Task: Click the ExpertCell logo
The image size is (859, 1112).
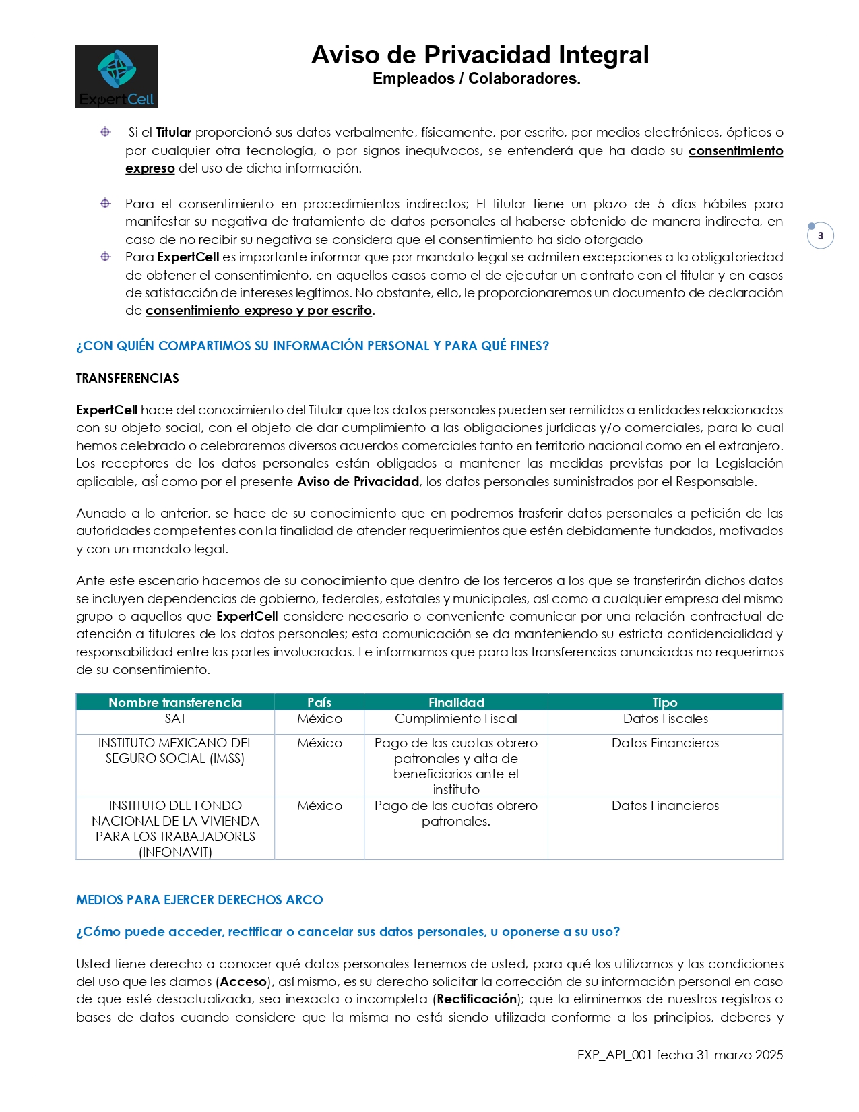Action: pyautogui.click(x=117, y=76)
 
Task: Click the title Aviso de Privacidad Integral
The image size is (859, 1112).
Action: pyautogui.click(x=480, y=55)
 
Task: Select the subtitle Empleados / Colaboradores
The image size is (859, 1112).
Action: pyautogui.click(x=476, y=78)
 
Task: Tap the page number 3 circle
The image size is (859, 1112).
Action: pyautogui.click(x=820, y=236)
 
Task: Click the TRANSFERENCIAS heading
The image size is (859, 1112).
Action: pyautogui.click(x=127, y=378)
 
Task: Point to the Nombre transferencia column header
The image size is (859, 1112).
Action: pyautogui.click(x=175, y=702)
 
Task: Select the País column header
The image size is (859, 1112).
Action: pyautogui.click(x=319, y=702)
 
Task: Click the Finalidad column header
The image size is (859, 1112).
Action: pyautogui.click(x=456, y=702)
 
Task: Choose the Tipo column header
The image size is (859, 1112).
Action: pyautogui.click(x=665, y=702)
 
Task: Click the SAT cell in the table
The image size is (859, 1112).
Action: pyautogui.click(x=175, y=719)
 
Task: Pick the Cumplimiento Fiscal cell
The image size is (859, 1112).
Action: pyautogui.click(x=456, y=719)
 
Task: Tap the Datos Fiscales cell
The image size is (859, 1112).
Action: pyautogui.click(x=665, y=719)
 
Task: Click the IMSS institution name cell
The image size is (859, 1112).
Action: pyautogui.click(x=175, y=751)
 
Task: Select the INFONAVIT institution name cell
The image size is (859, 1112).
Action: pyautogui.click(x=175, y=828)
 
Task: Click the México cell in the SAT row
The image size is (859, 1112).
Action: pyautogui.click(x=319, y=719)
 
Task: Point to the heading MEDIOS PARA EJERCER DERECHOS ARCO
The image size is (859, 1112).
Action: pyautogui.click(x=199, y=900)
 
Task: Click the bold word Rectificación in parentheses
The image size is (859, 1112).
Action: pyautogui.click(x=477, y=999)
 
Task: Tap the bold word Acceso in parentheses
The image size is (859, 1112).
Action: pyautogui.click(x=244, y=981)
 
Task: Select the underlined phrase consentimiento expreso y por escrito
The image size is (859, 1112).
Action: pyautogui.click(x=259, y=311)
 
